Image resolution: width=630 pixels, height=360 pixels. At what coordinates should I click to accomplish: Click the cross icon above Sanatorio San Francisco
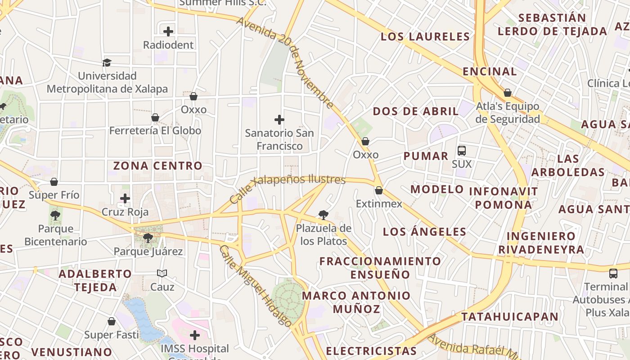point(279,120)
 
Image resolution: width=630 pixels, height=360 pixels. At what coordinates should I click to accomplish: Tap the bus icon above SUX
point(462,151)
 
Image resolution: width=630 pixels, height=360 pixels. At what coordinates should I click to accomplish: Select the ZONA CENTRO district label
point(158,166)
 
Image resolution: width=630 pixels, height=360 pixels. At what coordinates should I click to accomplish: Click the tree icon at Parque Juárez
point(148,238)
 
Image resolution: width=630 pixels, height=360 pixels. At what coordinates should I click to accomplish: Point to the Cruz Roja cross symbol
point(125,198)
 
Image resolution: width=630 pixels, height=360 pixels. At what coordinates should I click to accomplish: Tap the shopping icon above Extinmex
point(379,190)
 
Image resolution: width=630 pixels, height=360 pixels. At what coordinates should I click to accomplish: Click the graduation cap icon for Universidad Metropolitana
point(107,63)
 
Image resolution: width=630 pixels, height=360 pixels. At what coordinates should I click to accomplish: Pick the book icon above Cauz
point(162,273)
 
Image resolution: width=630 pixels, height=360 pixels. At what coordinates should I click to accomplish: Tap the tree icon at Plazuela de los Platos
point(323,215)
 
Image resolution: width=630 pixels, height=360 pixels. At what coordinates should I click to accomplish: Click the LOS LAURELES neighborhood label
point(425,36)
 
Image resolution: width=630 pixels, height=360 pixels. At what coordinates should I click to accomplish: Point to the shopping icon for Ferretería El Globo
point(155,117)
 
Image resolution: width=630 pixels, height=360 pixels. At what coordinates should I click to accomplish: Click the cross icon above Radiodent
point(168,31)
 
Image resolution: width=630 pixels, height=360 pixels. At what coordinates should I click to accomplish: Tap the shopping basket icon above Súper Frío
point(54,182)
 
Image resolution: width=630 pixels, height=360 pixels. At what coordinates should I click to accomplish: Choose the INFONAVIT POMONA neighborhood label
point(503,198)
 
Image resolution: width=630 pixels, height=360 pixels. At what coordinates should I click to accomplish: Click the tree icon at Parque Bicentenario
point(55,216)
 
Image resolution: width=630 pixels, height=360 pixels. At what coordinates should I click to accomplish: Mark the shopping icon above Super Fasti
point(112,321)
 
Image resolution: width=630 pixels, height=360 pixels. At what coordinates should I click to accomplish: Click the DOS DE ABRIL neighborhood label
point(416,111)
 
